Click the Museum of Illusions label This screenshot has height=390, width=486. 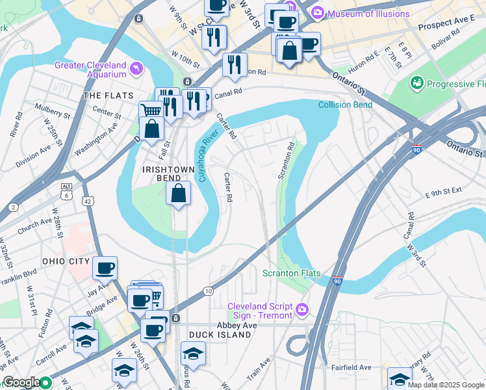[x=369, y=14]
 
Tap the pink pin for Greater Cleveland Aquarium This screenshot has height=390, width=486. [x=136, y=68]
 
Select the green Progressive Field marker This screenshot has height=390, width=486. [x=416, y=84]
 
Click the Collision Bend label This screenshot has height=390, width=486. [x=345, y=105]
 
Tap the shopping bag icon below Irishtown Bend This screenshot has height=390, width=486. [x=178, y=193]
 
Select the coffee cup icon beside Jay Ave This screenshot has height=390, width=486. [x=105, y=268]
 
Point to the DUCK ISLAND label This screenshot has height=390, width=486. [x=220, y=334]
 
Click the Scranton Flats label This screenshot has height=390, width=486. [x=291, y=274]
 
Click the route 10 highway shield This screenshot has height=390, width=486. [x=208, y=291]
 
